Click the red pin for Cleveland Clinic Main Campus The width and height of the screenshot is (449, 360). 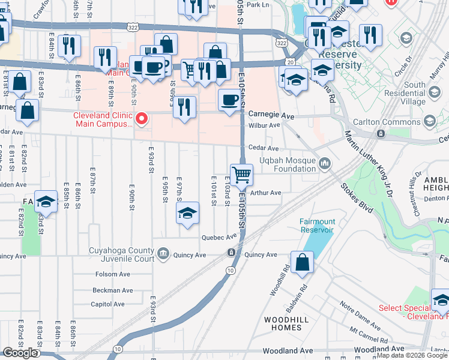142,118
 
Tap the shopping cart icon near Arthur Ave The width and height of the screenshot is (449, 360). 241,175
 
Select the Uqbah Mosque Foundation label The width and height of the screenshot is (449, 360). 287,164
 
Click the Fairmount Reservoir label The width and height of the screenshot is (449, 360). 317,226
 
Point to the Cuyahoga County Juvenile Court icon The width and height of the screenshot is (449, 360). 163,255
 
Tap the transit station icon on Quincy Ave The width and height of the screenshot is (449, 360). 231,253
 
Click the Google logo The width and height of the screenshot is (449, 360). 20,353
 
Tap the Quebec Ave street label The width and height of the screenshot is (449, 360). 219,236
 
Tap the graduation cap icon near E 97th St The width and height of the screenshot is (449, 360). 187,213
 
